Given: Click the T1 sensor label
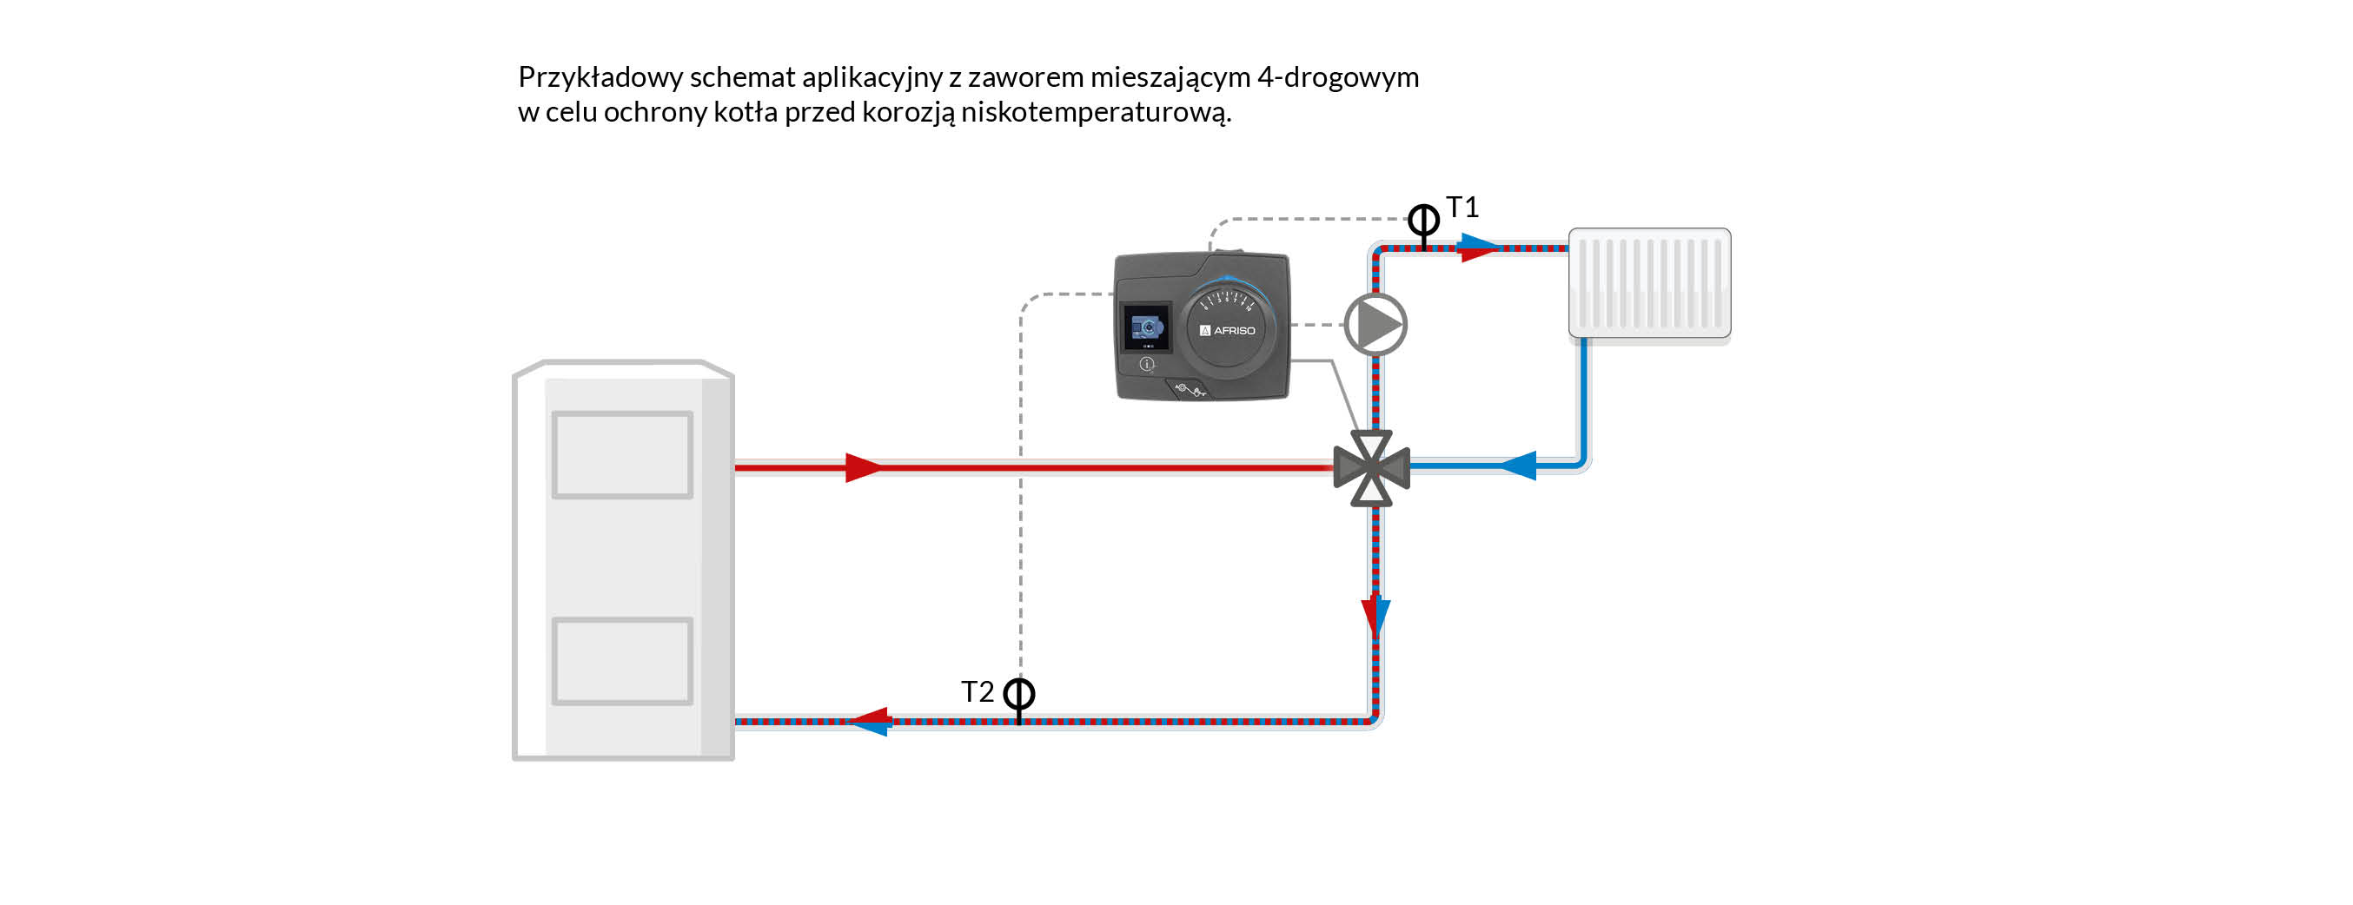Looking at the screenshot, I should (x=1462, y=208).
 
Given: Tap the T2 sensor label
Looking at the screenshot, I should (x=977, y=692).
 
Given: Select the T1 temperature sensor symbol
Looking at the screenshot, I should (x=1423, y=220).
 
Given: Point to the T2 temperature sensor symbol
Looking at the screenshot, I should (x=1019, y=695).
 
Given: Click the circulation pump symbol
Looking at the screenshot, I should (x=1375, y=325).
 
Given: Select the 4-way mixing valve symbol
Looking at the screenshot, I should (x=1372, y=468).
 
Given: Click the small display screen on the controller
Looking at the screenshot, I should (x=1147, y=326).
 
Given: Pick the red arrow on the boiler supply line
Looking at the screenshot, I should (x=863, y=467).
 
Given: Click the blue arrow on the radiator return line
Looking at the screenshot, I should (x=1518, y=466).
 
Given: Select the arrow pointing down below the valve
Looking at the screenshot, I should (x=1375, y=617).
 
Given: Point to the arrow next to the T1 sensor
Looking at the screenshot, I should (x=1478, y=248).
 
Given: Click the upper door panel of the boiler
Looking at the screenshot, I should (x=622, y=455).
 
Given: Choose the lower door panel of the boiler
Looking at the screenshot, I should (x=622, y=661).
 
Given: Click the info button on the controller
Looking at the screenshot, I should (x=1147, y=365).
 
